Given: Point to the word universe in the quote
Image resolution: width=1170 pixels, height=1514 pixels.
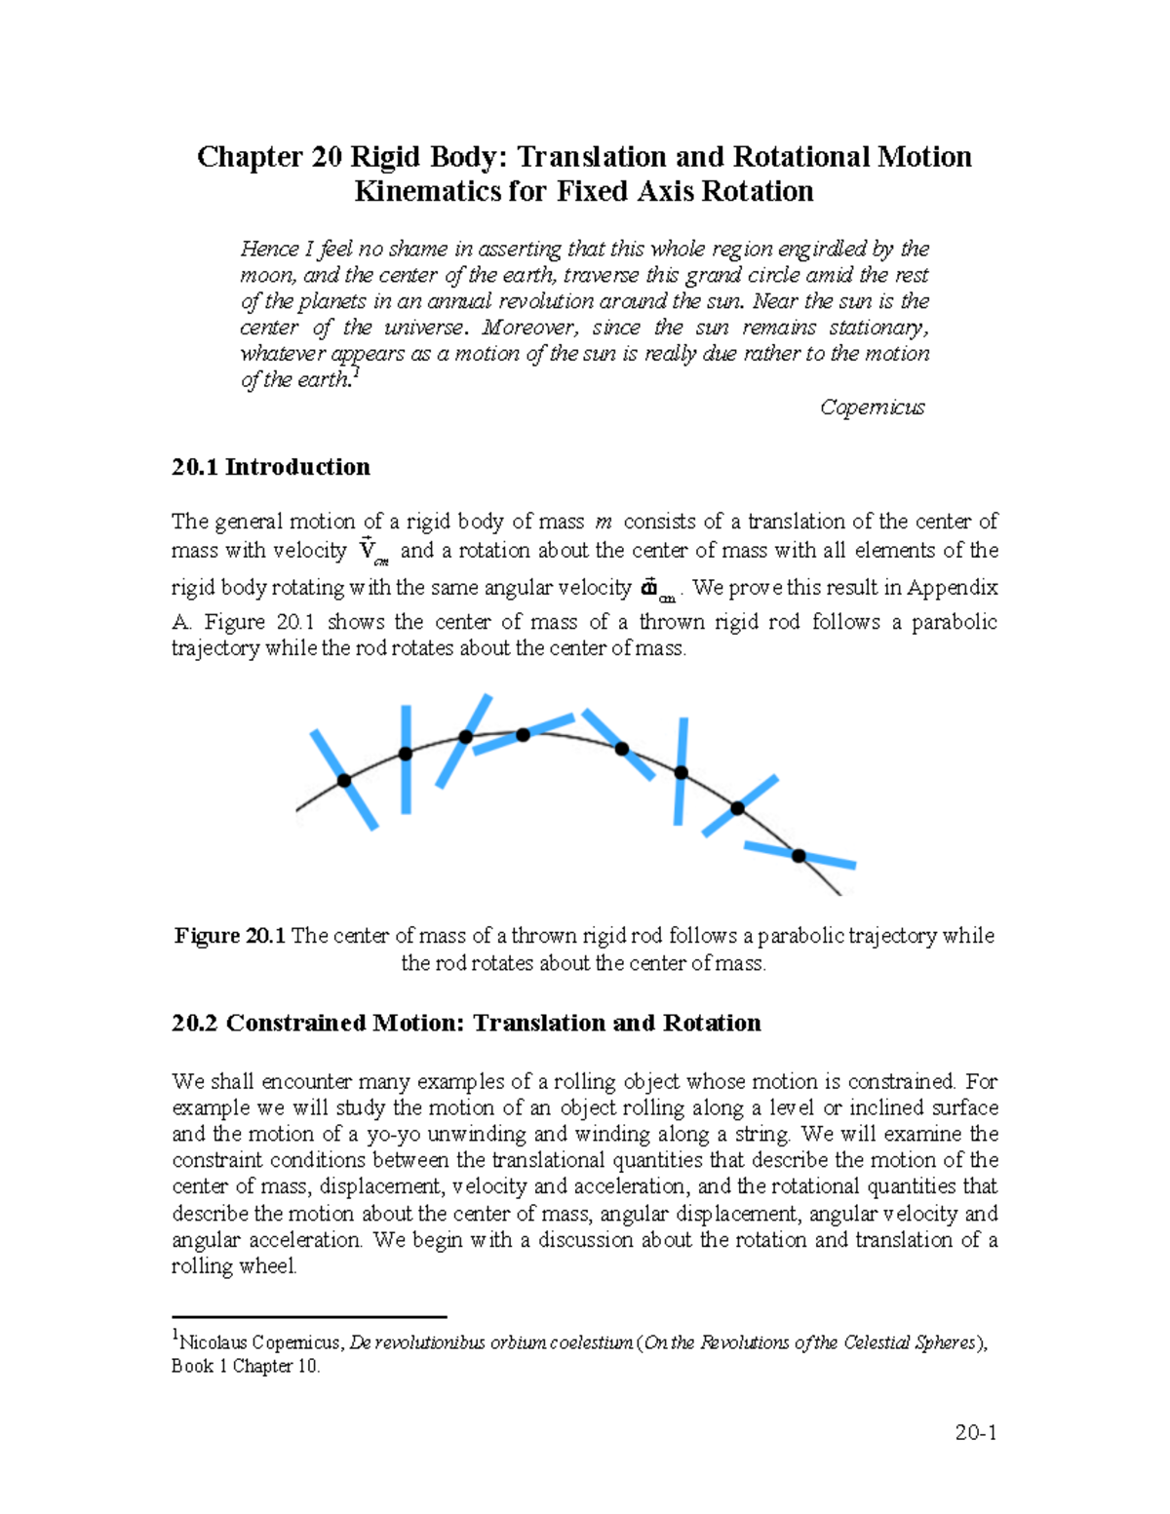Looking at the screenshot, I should (x=426, y=328).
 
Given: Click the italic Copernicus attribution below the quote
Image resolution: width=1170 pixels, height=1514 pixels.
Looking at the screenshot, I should (x=872, y=407).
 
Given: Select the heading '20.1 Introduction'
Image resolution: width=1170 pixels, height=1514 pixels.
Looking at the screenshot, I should (x=270, y=467).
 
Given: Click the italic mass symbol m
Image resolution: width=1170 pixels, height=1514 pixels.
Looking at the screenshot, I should (x=604, y=523).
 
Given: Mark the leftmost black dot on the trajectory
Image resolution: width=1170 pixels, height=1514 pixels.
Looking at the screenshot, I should (x=344, y=781).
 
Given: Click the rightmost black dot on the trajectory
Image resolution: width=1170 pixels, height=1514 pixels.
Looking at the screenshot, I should (x=799, y=856).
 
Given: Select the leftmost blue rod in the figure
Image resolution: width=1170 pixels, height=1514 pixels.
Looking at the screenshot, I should (x=343, y=779).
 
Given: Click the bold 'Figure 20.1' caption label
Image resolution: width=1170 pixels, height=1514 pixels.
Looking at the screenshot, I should (x=229, y=936).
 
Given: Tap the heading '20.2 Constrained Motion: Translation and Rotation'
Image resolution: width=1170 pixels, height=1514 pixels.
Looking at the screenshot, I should (x=466, y=1023).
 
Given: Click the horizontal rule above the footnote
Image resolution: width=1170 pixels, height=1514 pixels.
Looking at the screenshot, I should (x=308, y=1316).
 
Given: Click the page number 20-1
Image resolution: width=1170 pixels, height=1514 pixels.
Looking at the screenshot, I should (x=975, y=1432).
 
